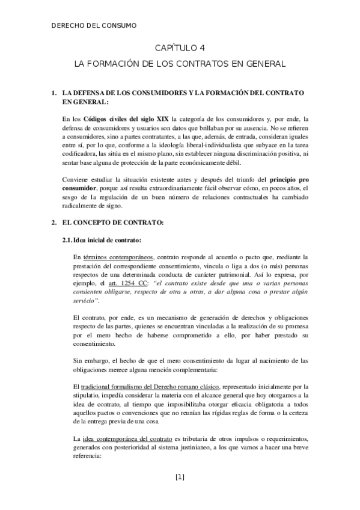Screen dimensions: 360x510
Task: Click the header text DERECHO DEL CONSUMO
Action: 94,25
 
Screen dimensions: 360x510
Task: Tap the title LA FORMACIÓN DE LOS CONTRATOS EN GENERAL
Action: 179,63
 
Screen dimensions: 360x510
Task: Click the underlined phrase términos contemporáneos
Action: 118,257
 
